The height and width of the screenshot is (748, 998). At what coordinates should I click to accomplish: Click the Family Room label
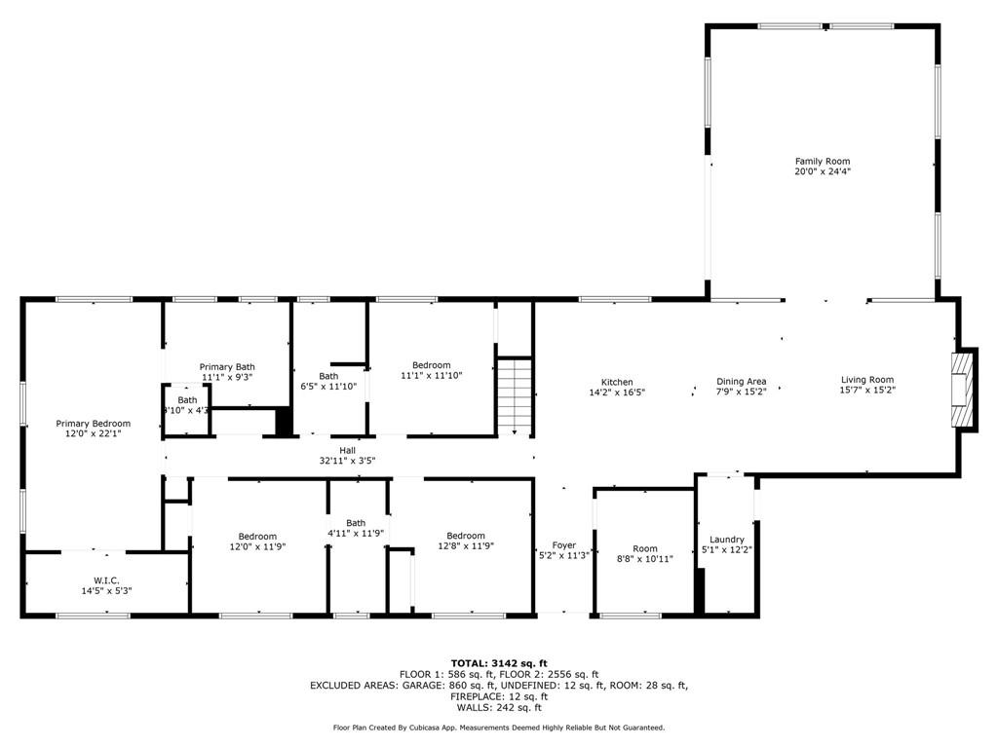click(x=822, y=162)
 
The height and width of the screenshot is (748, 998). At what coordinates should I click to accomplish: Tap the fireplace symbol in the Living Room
click(x=963, y=390)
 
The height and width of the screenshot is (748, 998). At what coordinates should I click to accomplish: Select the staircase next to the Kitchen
click(x=516, y=395)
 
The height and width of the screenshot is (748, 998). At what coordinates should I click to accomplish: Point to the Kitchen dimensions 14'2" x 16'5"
click(x=616, y=393)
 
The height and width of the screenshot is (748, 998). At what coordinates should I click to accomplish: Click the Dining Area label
click(x=741, y=382)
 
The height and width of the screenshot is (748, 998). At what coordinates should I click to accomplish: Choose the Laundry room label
click(x=727, y=540)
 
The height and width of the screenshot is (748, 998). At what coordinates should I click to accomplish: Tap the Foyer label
click(x=563, y=545)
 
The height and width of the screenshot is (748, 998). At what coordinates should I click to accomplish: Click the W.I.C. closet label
click(x=106, y=580)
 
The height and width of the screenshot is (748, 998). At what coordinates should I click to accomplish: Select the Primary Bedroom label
click(x=93, y=424)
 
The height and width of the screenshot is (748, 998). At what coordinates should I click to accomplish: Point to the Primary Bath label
click(x=227, y=367)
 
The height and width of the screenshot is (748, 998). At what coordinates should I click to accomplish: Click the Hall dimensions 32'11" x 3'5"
click(x=347, y=461)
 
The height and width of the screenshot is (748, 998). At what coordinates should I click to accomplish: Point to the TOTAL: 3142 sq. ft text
click(x=498, y=663)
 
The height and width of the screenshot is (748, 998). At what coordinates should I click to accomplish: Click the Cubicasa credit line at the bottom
click(x=498, y=728)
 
